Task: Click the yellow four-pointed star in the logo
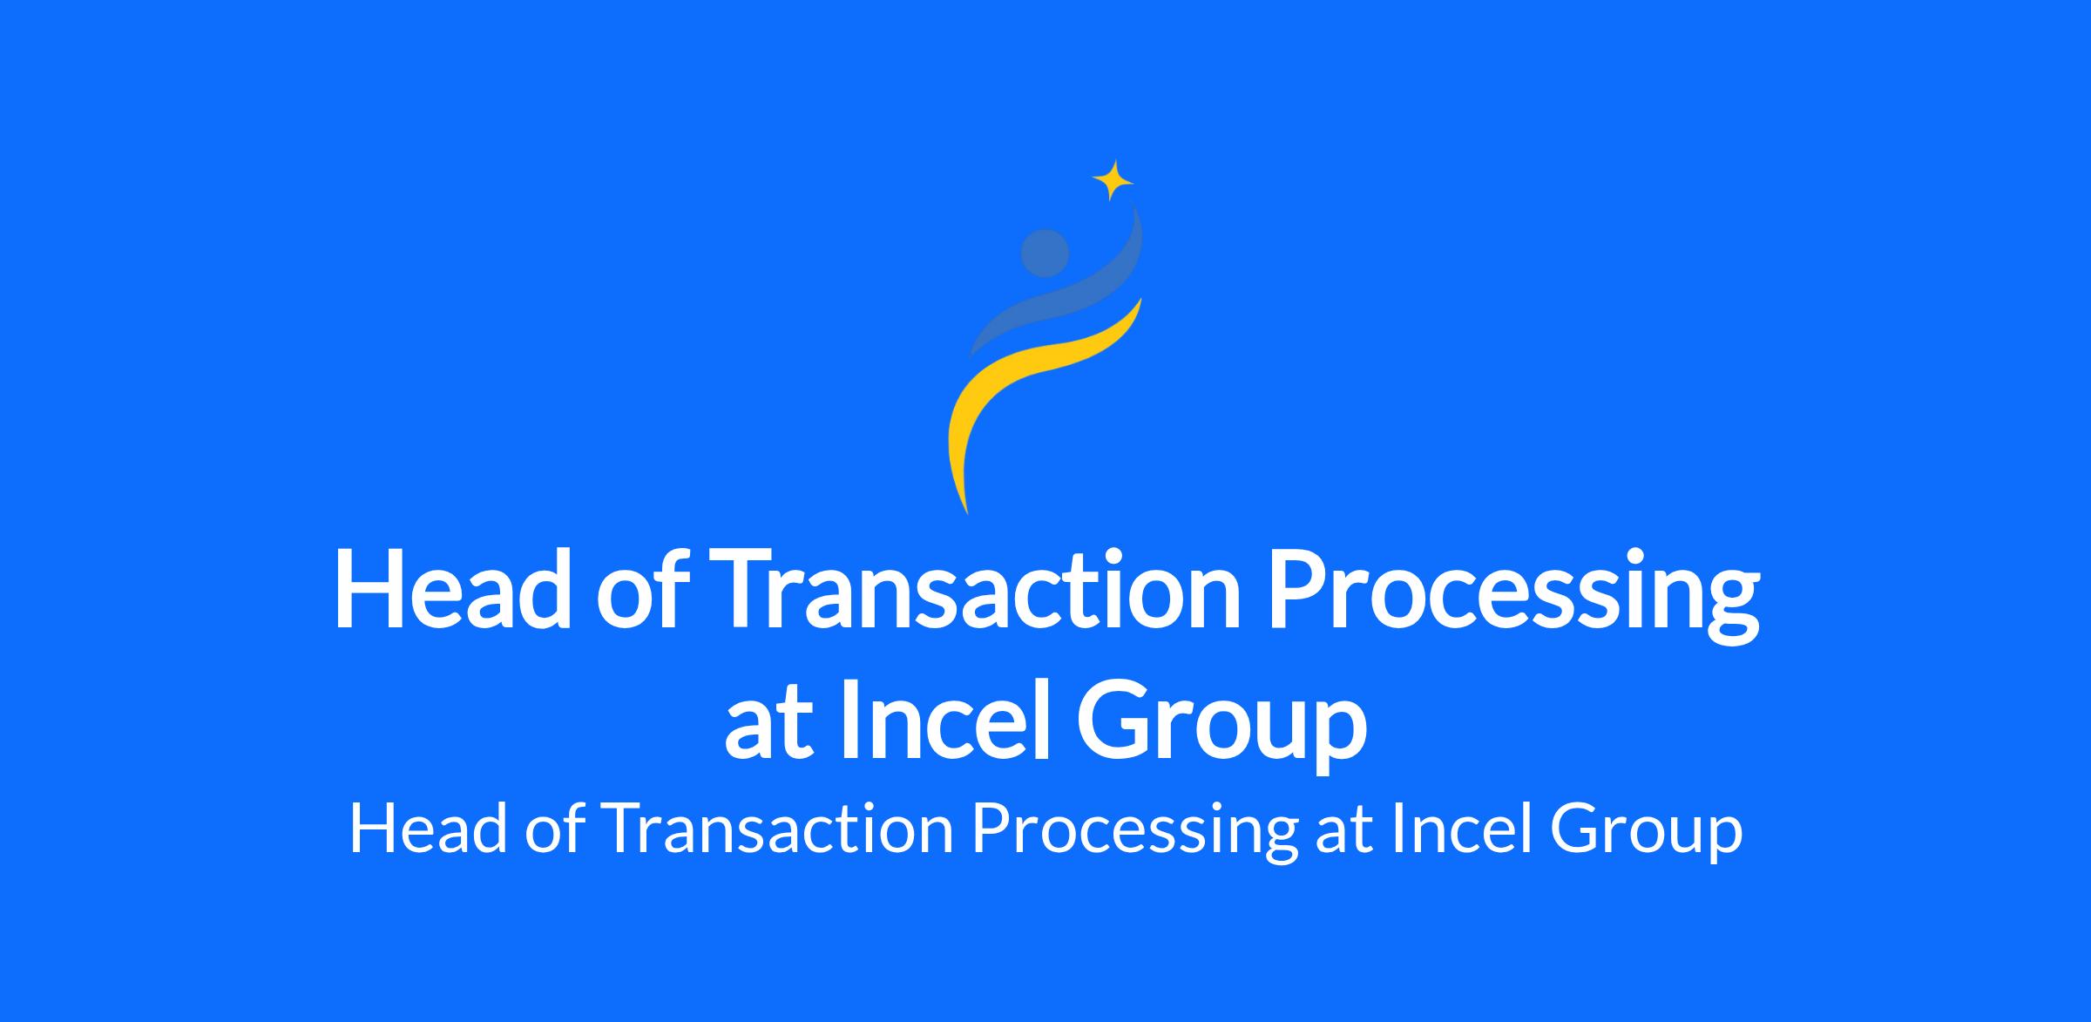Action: [x=1113, y=180]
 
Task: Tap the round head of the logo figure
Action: [x=1045, y=253]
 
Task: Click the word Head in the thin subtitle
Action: [x=428, y=829]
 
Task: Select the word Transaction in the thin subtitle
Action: [x=777, y=829]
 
